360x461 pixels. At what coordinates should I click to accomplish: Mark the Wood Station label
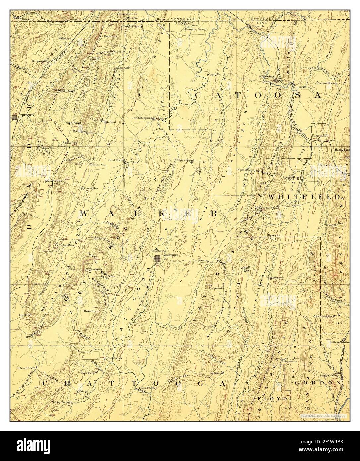(x=246, y=169)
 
